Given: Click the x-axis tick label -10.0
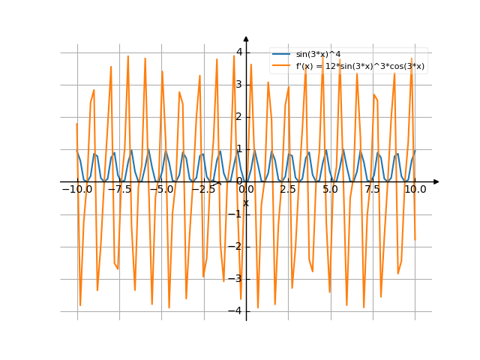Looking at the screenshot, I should pyautogui.click(x=76, y=190).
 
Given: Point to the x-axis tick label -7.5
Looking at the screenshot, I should pyautogui.click(x=118, y=190).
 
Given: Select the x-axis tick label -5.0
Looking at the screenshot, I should pyautogui.click(x=161, y=190).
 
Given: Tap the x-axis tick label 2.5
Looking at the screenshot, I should pyautogui.click(x=288, y=190).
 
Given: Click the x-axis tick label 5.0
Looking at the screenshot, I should pyautogui.click(x=331, y=190).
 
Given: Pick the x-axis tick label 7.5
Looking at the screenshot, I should pyautogui.click(x=373, y=190).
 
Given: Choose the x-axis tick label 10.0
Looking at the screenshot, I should pyautogui.click(x=415, y=190).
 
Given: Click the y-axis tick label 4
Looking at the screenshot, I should pyautogui.click(x=238, y=52).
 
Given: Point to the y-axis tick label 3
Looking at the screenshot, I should pyautogui.click(x=238, y=84).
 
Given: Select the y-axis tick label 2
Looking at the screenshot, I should pyautogui.click(x=238, y=116).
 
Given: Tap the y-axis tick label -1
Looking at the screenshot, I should pyautogui.click(x=237, y=214).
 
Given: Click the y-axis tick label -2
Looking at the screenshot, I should pyautogui.click(x=237, y=246).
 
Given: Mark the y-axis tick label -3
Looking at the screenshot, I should pyautogui.click(x=237, y=278).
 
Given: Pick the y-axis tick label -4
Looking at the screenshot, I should pyautogui.click(x=237, y=310).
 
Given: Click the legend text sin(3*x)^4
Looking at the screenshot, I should pyautogui.click(x=316, y=55).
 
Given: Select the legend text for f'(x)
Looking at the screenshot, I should pyautogui.click(x=360, y=66).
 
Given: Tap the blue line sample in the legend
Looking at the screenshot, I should pyautogui.click(x=282, y=55).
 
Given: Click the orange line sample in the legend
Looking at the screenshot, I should pyautogui.click(x=282, y=66).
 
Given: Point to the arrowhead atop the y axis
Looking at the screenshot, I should pyautogui.click(x=246, y=38).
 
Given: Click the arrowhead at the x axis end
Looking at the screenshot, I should pyautogui.click(x=436, y=181).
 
